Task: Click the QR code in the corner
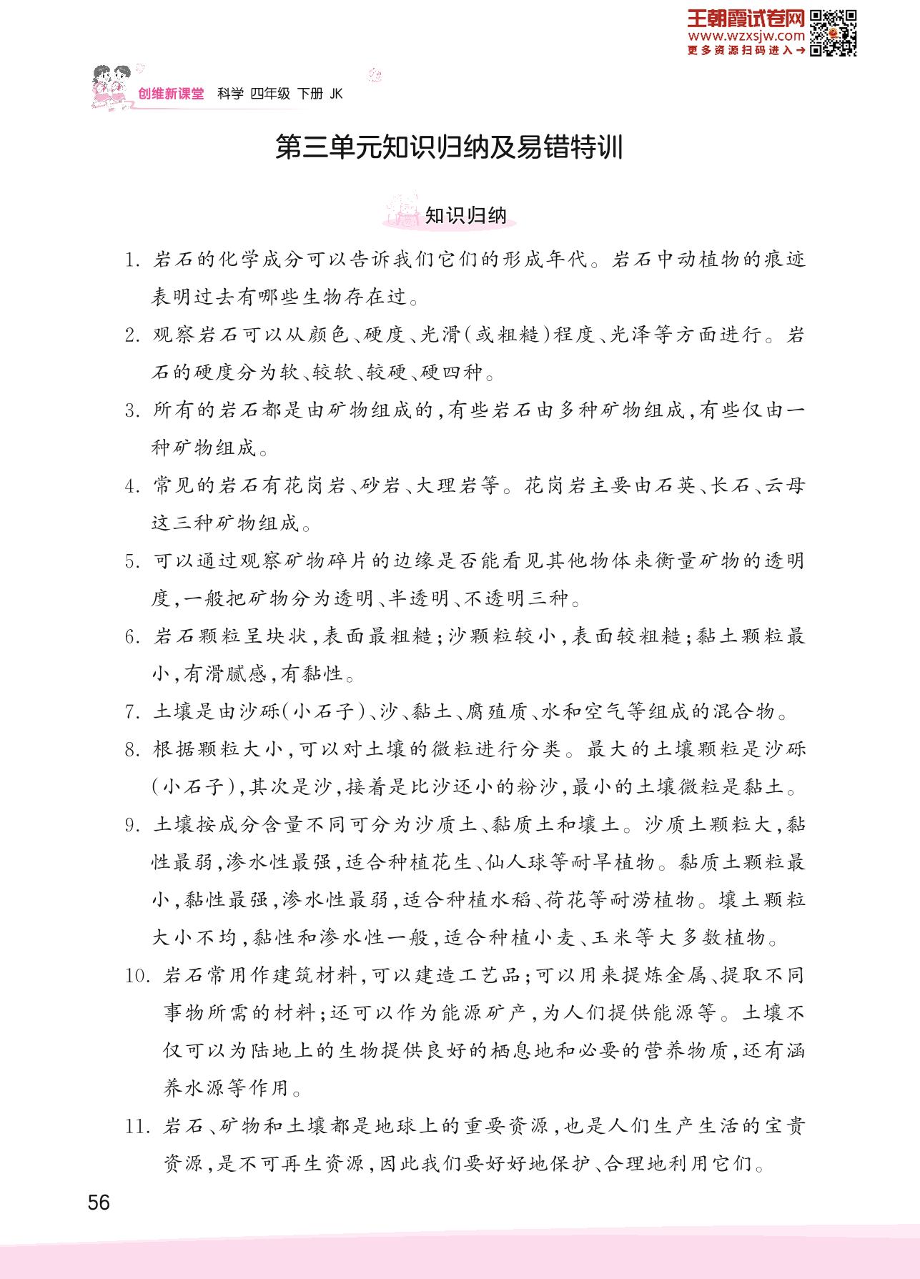point(834,34)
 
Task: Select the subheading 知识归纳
point(465,215)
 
